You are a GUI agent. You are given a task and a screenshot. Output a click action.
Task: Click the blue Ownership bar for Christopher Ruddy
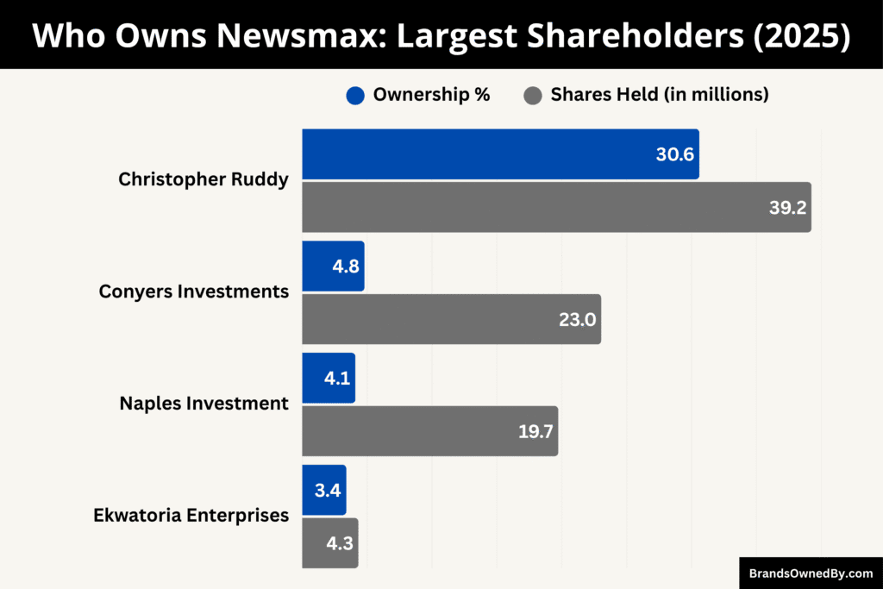[x=500, y=154]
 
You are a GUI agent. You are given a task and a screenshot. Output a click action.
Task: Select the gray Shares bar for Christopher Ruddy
[x=556, y=207]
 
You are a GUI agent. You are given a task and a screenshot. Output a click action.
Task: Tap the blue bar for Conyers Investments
[x=333, y=266]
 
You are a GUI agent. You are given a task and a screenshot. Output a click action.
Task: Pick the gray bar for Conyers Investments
[x=451, y=319]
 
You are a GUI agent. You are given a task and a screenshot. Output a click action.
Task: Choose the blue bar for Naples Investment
[x=329, y=378]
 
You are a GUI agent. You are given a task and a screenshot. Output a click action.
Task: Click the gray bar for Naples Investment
[x=429, y=431]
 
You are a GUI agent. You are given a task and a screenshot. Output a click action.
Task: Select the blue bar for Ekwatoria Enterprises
[x=324, y=490]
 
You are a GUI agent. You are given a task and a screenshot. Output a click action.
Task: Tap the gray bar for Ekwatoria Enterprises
[x=329, y=543]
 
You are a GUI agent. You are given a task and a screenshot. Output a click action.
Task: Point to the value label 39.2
[x=788, y=208]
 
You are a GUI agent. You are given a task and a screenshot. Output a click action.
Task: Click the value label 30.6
[x=675, y=155]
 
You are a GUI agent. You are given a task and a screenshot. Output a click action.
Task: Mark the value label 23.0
[x=577, y=320]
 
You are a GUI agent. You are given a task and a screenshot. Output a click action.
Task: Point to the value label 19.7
[x=535, y=432]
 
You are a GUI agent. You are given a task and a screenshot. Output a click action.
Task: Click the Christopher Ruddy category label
[x=204, y=180]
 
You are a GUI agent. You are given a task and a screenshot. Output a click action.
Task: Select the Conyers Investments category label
[x=194, y=291]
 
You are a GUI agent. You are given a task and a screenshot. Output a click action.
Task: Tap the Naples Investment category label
[x=204, y=404]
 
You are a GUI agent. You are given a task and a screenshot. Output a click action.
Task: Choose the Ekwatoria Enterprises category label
[x=191, y=516]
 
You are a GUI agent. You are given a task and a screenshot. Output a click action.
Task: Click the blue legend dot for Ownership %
[x=355, y=96]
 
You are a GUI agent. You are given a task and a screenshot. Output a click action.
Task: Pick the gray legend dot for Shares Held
[x=534, y=96]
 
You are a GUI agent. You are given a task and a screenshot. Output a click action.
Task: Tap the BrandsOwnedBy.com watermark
[x=811, y=573]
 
